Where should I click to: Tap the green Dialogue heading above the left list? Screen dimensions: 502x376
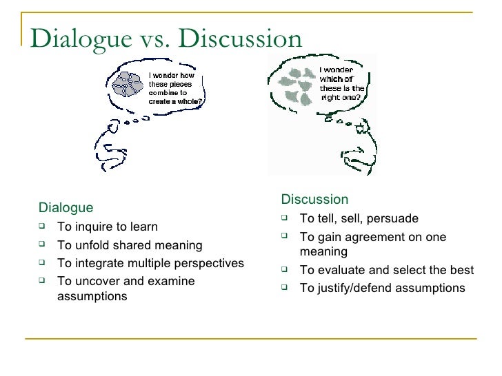coord(66,207)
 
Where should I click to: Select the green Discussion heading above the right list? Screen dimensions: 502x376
coord(315,200)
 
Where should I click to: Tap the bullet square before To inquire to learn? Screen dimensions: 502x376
coord(43,227)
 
